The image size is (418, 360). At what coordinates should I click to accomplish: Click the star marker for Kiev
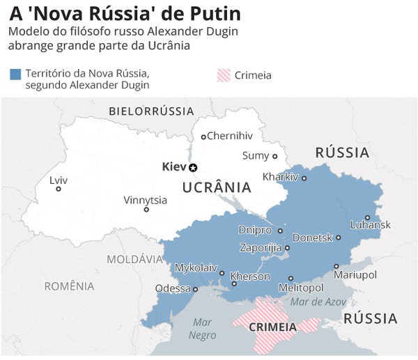click(194, 167)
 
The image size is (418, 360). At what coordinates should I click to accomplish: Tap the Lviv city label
click(59, 180)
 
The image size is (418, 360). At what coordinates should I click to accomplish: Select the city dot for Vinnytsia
click(146, 210)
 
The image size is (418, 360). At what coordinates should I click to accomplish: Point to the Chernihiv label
click(230, 136)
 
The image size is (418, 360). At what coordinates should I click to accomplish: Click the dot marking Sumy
click(274, 157)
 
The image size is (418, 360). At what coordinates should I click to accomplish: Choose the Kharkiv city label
click(280, 177)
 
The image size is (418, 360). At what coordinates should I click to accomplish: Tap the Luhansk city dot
click(367, 217)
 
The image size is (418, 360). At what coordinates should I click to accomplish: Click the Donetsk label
click(313, 237)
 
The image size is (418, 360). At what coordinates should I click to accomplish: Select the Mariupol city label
click(355, 275)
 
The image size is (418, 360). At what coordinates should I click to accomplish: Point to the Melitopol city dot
click(291, 279)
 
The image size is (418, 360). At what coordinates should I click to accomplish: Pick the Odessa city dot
click(196, 289)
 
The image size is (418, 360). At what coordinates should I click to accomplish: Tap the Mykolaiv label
click(196, 267)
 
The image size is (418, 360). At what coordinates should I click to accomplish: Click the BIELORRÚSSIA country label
click(151, 111)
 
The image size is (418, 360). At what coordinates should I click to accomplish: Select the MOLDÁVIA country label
click(134, 259)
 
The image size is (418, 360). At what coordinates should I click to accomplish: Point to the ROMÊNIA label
click(69, 285)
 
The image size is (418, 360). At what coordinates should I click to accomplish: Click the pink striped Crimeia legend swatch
click(223, 75)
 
